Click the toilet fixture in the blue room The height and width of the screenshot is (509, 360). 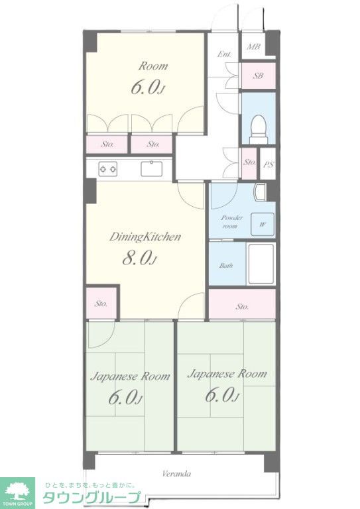click(259, 129)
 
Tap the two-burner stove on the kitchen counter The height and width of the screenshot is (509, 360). click(108, 169)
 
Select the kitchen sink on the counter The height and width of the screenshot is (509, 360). click(151, 169)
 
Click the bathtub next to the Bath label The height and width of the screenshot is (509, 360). click(261, 264)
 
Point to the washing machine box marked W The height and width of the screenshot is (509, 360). click(263, 224)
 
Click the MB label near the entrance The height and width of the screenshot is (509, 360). click(253, 47)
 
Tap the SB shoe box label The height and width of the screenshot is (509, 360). click(258, 76)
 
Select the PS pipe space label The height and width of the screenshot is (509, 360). click(268, 164)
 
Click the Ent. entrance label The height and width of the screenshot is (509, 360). click(224, 54)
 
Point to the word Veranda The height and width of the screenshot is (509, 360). click(176, 474)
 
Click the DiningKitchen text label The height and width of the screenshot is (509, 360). click(145, 237)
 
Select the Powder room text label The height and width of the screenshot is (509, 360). click(231, 222)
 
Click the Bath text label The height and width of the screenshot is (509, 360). click(226, 266)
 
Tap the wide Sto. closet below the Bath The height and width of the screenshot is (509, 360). click(242, 304)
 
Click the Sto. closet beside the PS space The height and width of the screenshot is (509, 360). click(249, 163)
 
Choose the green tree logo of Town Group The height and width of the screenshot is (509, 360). click(17, 491)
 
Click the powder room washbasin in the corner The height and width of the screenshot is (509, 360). click(261, 192)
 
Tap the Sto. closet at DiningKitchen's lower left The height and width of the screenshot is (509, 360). click(101, 303)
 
